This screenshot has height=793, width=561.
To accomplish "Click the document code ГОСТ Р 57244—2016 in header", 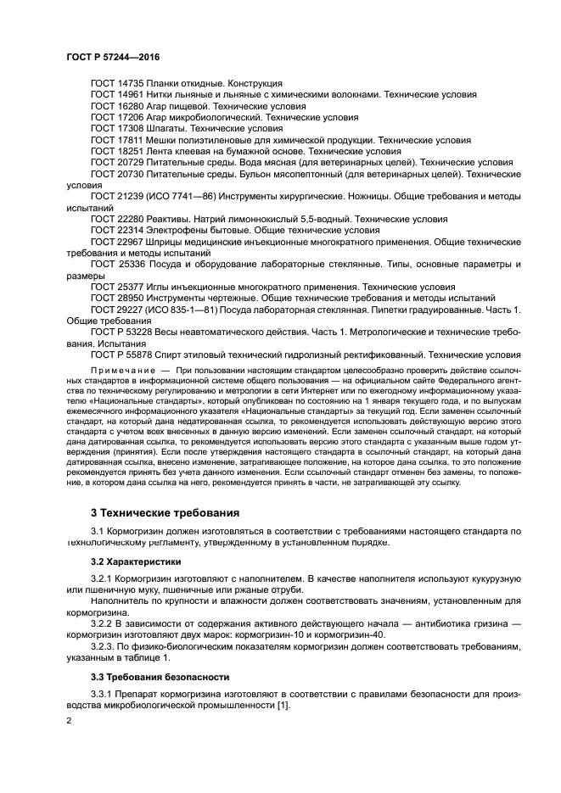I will (x=113, y=56).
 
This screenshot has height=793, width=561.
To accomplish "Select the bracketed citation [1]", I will (x=283, y=706).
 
